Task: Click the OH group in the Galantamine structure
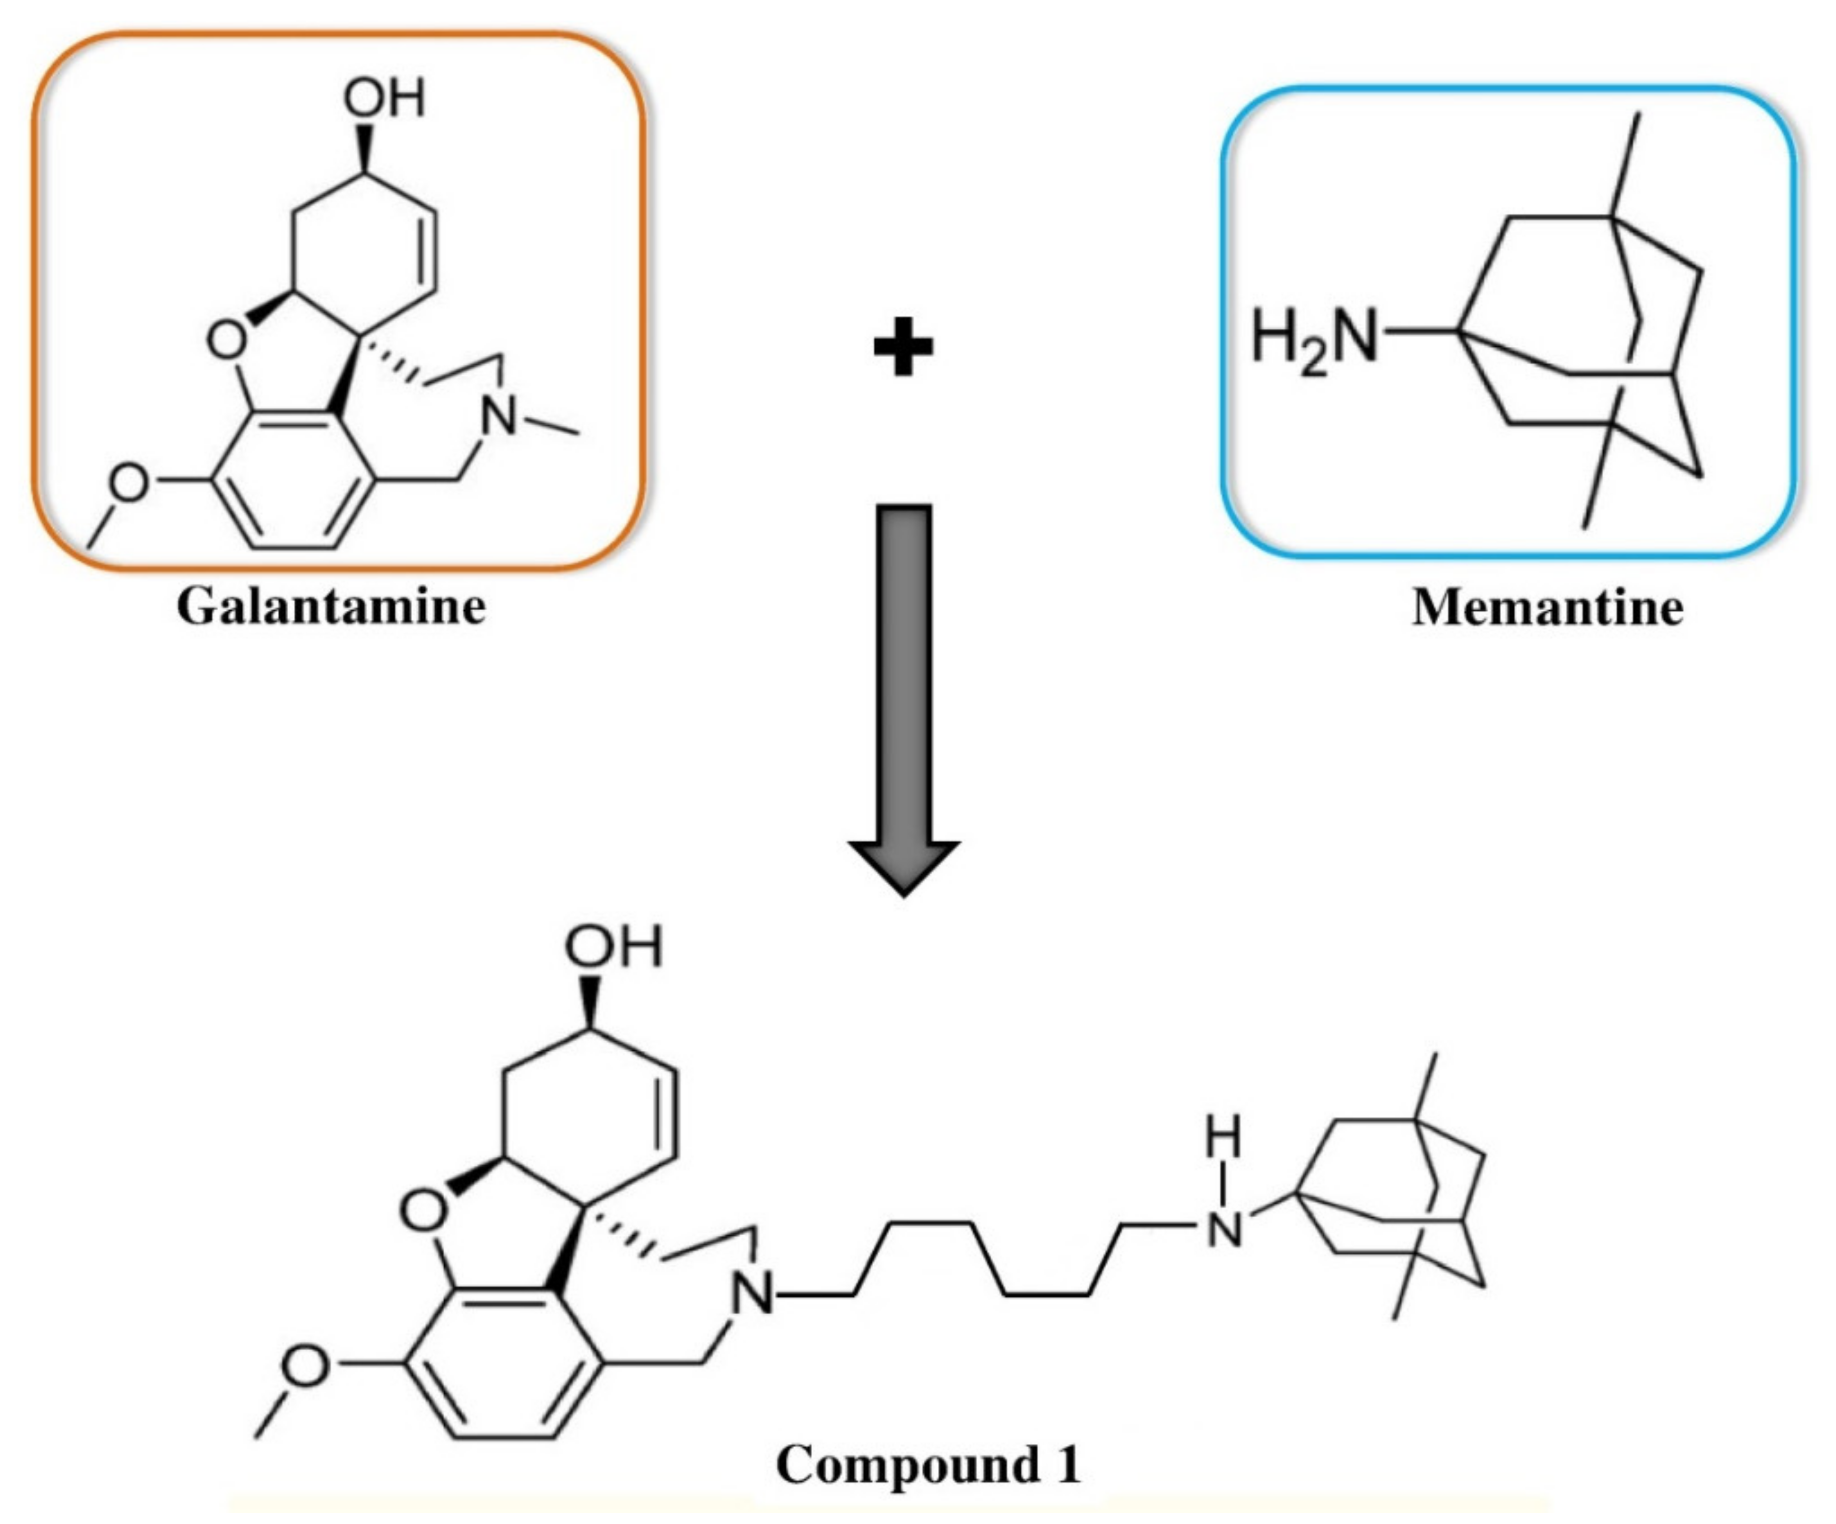385,98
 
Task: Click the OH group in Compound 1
614,947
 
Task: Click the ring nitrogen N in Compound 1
753,1294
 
